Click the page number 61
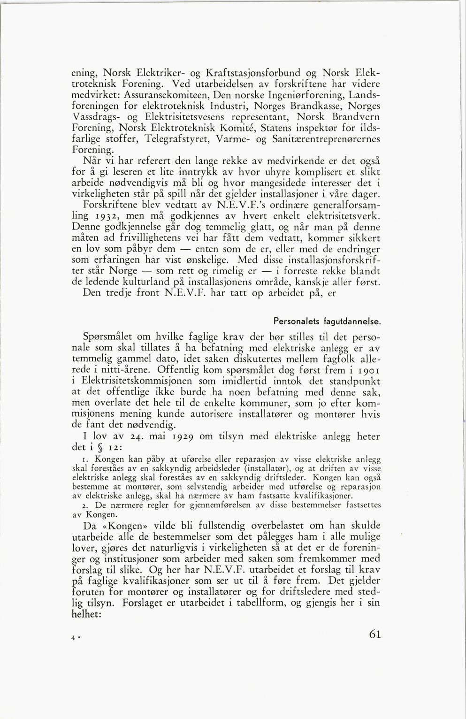click(x=374, y=634)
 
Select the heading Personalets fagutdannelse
click(x=327, y=322)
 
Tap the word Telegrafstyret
click(x=179, y=139)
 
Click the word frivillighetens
click(x=153, y=238)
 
